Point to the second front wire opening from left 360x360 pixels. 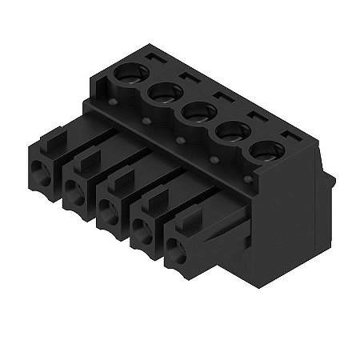[x=74, y=190]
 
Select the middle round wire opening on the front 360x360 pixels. [x=107, y=210]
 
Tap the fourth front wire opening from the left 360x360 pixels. [x=142, y=232]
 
